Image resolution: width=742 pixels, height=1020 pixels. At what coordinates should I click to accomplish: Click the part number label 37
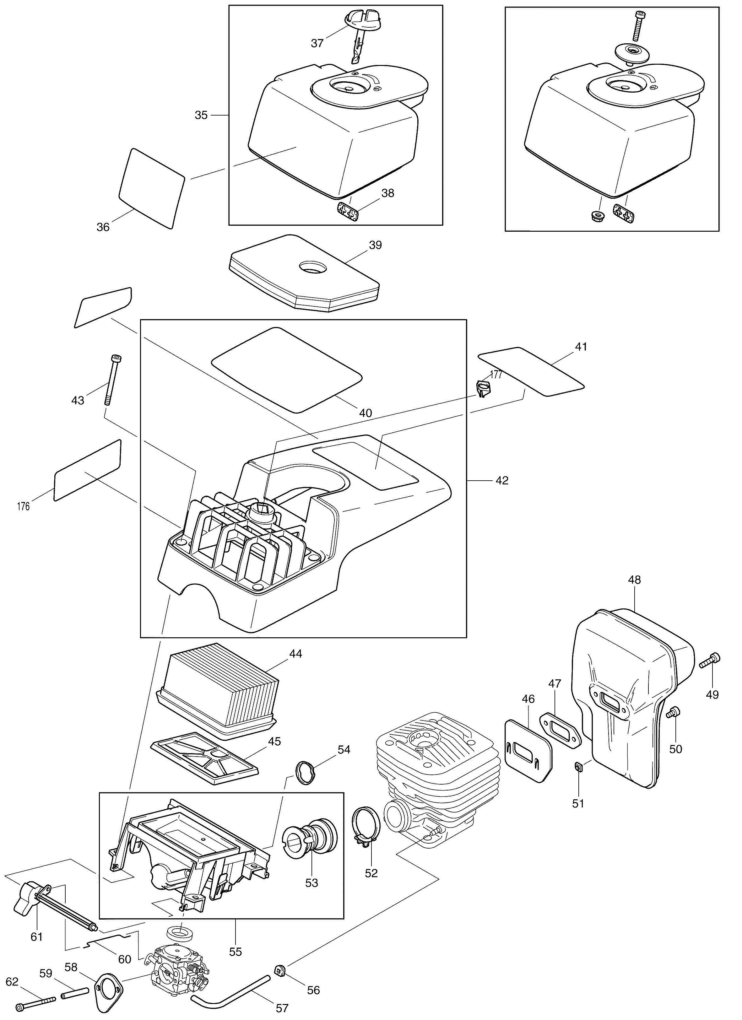coord(317,43)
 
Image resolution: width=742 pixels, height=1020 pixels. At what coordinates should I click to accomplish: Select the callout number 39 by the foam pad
coord(375,245)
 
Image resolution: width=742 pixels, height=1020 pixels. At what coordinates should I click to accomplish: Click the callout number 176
coord(23,507)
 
